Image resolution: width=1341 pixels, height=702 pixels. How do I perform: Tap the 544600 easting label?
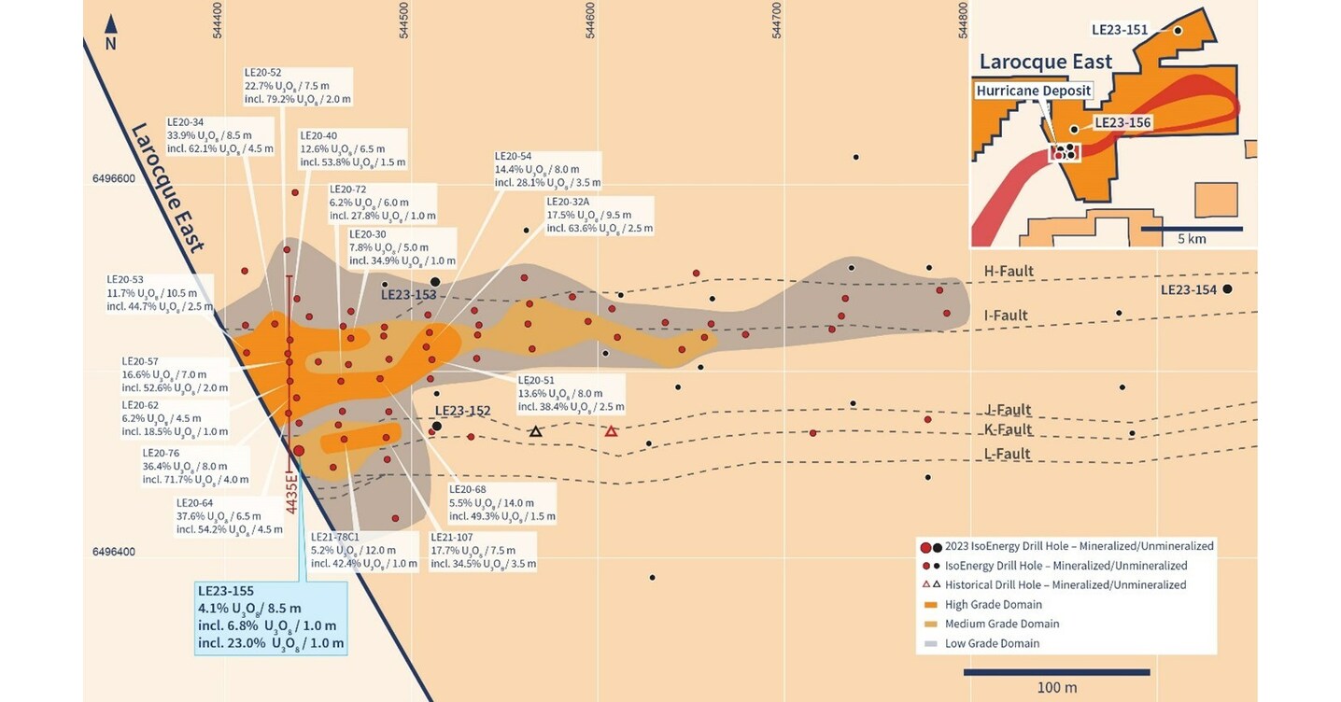592,20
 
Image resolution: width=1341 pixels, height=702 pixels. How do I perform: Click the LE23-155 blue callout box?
271,616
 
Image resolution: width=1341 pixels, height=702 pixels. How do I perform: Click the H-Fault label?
1009,271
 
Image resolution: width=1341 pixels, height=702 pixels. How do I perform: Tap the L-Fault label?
1008,454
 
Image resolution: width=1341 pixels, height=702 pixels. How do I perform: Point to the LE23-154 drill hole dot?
1227,289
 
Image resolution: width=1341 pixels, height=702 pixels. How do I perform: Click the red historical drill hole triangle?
611,431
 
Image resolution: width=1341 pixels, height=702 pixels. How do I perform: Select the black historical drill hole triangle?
535,431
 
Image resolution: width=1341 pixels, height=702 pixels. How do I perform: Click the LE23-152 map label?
462,411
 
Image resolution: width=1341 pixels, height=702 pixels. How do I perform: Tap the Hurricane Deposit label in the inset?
1034,91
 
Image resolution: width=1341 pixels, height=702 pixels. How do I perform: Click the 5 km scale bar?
1192,228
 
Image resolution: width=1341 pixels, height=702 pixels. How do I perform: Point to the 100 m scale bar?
1056,671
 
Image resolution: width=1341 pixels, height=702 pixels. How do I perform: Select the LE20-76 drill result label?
195,466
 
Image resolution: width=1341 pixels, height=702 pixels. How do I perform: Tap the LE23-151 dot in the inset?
1179,31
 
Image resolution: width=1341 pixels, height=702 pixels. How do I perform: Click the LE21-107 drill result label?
483,551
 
